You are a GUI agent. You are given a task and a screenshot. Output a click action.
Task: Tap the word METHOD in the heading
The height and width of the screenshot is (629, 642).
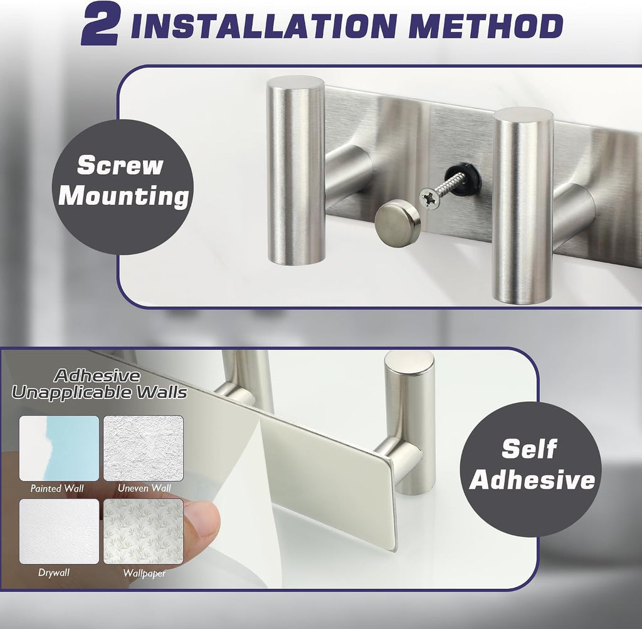486,26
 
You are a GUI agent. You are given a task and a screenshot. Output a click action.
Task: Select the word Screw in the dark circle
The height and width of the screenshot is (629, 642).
120,165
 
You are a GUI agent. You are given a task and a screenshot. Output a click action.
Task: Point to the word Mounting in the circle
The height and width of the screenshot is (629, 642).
124,197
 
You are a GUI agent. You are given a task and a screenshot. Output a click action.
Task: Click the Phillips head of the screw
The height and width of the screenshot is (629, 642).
429,199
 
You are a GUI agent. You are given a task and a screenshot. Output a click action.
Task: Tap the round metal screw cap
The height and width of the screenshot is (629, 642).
397,222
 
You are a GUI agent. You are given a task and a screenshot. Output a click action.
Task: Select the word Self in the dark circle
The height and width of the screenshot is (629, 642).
529,449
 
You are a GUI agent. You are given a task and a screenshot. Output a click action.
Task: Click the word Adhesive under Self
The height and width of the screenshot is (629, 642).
532,479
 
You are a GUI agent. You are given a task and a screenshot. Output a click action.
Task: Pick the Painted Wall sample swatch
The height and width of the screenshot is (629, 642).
60,448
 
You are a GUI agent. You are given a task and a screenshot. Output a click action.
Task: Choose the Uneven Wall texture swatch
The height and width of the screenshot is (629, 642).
144,448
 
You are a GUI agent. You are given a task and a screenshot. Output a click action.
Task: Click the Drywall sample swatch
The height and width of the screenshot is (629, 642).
60,531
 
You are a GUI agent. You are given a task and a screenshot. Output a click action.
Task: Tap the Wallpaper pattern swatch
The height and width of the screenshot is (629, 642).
144,531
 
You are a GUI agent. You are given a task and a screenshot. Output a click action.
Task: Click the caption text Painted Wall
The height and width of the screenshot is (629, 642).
57,488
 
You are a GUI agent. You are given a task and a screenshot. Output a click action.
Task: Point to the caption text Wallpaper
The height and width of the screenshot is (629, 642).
145,573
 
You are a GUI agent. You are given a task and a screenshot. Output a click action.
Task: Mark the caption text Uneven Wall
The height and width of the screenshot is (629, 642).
144,488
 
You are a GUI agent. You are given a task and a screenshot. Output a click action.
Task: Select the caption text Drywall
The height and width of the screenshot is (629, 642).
54,573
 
